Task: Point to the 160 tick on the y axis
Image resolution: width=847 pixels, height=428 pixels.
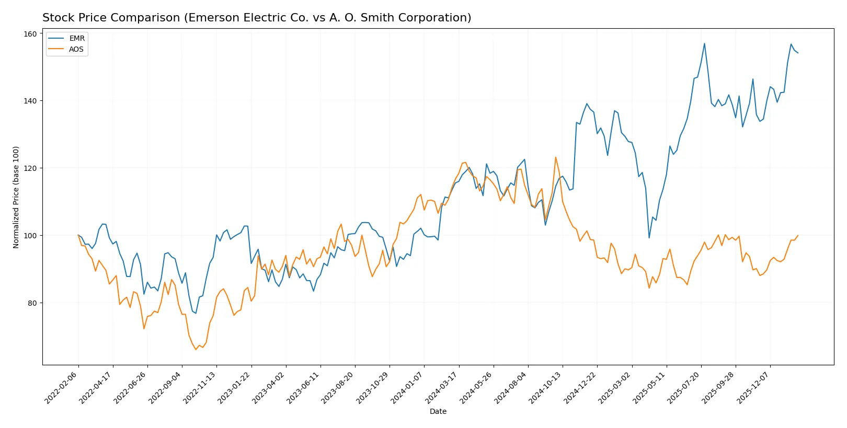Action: (x=30, y=33)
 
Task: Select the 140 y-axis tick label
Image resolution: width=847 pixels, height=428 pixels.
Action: (x=30, y=101)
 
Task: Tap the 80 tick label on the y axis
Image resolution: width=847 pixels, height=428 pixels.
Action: (x=32, y=303)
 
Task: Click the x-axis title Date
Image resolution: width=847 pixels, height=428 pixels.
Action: (x=438, y=411)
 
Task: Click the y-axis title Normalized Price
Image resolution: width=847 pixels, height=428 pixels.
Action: (x=16, y=197)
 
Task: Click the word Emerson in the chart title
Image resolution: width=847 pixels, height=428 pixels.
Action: (x=212, y=18)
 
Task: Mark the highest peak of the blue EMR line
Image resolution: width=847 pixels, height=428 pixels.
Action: (x=704, y=43)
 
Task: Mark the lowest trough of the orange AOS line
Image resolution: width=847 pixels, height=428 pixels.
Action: (x=196, y=349)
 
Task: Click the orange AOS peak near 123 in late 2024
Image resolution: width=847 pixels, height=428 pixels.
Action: (x=556, y=157)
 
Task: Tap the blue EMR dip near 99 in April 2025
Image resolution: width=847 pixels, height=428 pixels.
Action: (x=649, y=238)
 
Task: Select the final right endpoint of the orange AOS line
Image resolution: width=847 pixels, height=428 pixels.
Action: (x=798, y=235)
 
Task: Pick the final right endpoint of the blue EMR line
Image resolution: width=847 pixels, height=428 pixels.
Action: (x=798, y=53)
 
